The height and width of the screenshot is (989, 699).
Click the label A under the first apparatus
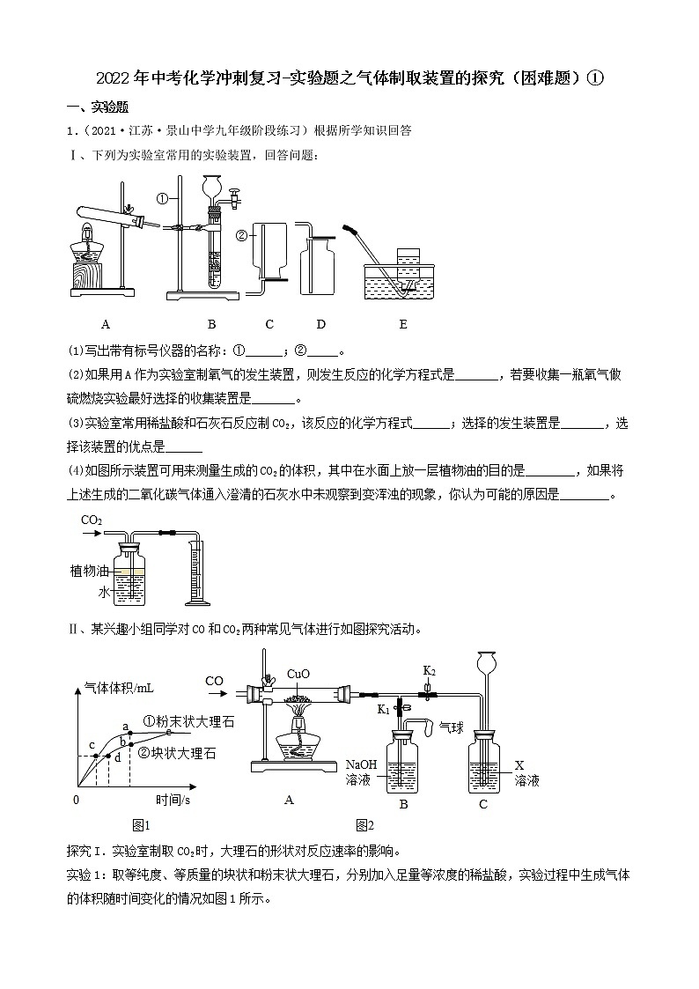pos(105,324)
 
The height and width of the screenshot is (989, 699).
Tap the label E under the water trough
pos(403,324)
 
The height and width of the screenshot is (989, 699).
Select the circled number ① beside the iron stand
pos(161,198)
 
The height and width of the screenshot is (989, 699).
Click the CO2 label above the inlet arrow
pos(92,520)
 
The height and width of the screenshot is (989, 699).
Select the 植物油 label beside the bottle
pos(89,571)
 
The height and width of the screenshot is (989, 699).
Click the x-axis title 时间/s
pos(173,801)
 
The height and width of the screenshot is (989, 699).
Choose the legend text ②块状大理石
pos(177,753)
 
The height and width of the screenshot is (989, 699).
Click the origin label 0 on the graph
pos(76,801)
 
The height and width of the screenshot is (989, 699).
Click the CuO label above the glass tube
pos(298,674)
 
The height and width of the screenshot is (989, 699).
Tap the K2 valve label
pos(430,671)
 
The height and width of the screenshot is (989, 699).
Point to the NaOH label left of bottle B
pos(361,764)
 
